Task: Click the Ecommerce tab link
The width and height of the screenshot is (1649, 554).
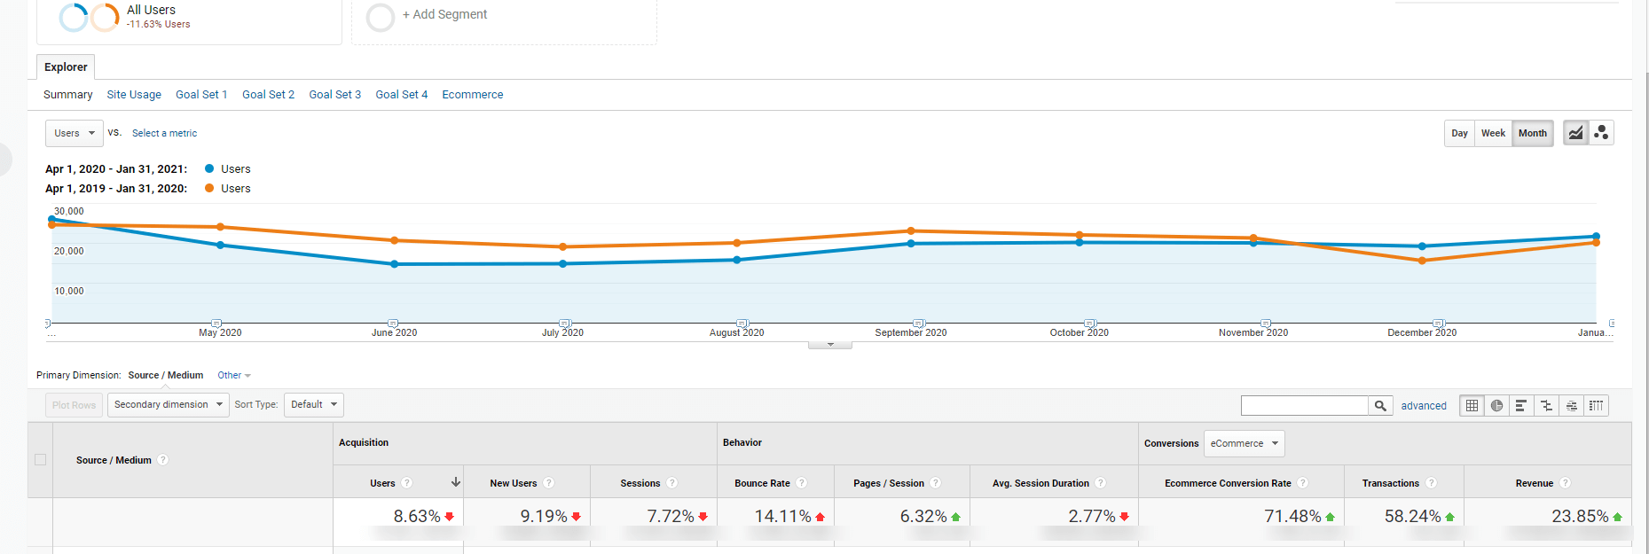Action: (472, 95)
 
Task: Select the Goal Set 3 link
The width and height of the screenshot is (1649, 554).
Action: (334, 95)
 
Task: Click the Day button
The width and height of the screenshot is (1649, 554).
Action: (1459, 133)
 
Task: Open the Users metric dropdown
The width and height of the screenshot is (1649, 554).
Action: (74, 133)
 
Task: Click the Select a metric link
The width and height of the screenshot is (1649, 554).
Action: (164, 133)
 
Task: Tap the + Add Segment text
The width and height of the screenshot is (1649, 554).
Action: (444, 15)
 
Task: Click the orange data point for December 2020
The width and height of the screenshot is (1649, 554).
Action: (1422, 261)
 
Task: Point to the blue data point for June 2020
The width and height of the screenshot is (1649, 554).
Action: (394, 264)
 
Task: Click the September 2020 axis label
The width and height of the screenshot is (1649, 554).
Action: (910, 333)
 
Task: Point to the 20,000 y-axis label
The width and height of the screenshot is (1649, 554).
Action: (68, 251)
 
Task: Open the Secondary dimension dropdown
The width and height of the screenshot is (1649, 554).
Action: (168, 405)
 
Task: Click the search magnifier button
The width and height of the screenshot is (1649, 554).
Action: (1380, 406)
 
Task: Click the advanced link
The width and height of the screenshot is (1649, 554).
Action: (1423, 406)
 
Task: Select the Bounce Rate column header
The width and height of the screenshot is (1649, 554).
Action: (762, 483)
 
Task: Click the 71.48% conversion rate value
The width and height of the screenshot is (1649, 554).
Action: (1292, 516)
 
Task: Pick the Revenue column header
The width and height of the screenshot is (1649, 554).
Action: (1534, 483)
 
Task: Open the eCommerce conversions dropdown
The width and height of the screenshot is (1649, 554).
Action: (1244, 443)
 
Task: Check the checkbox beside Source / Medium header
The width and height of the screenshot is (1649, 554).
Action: (40, 459)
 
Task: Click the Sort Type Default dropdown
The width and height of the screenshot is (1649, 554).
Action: (313, 405)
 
